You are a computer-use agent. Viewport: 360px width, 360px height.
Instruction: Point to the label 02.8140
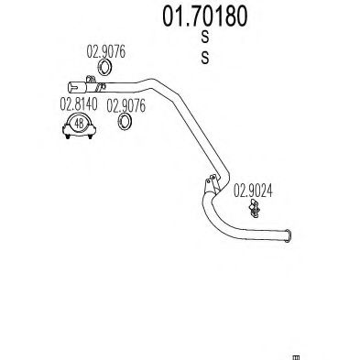81,104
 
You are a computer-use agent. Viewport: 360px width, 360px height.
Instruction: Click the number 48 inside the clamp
81,124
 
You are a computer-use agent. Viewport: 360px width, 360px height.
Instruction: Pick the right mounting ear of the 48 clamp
96,133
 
